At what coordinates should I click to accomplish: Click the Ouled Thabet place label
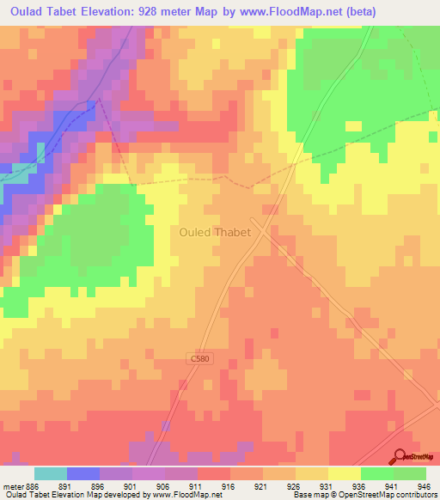tap(215, 231)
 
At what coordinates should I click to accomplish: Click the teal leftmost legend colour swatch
tap(50, 473)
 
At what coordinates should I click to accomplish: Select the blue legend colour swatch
tap(82, 473)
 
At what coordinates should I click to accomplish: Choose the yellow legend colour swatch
tap(344, 473)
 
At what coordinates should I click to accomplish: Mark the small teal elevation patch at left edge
tap(19, 172)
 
